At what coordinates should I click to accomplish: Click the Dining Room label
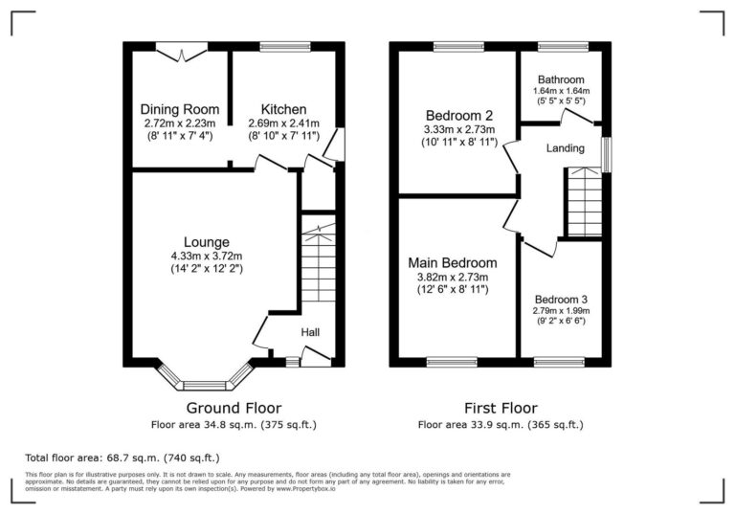point(180,109)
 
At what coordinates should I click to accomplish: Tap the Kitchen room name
point(283,109)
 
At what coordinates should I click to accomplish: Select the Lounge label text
point(208,241)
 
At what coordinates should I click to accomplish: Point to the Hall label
point(311,332)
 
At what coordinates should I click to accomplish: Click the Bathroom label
point(560,79)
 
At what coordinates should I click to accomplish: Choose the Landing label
point(565,148)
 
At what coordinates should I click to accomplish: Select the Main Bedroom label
point(453,262)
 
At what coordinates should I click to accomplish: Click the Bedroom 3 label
point(561,299)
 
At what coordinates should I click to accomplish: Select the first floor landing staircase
point(584,202)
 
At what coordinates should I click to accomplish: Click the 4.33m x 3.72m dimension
point(208,256)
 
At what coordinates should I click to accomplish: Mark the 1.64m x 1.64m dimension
point(560,91)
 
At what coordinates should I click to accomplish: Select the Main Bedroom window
point(452,362)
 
